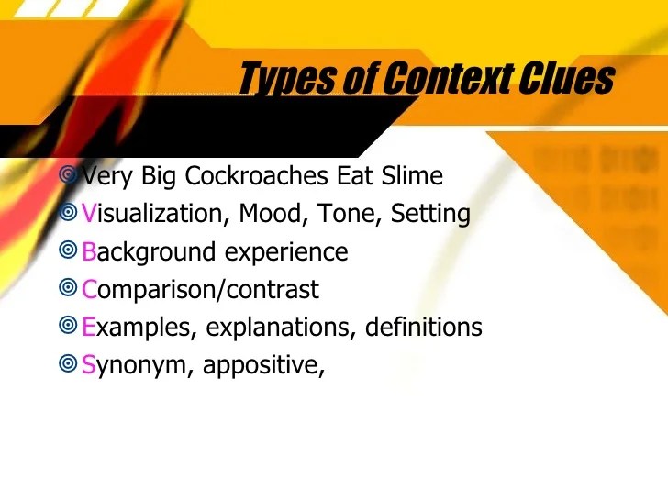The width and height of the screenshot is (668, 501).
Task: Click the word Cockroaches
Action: (x=265, y=175)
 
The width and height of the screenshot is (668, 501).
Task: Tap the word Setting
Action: (x=430, y=215)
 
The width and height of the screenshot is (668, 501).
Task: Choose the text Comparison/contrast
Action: (x=200, y=290)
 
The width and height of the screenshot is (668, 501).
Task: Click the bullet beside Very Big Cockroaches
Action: (x=68, y=173)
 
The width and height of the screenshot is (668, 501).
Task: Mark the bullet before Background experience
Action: (x=68, y=250)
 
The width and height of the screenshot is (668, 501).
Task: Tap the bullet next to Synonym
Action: (x=68, y=363)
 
